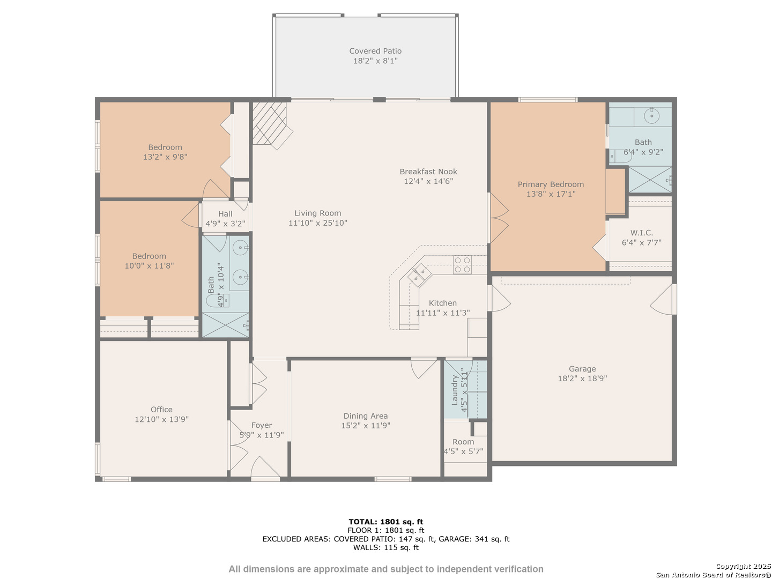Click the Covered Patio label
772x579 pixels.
pos(375,51)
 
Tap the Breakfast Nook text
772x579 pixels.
pos(428,172)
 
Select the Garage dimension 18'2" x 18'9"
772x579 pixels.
pos(582,378)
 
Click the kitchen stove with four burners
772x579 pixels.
pos(462,265)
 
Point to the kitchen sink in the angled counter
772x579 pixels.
pos(419,274)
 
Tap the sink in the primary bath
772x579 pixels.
pos(652,115)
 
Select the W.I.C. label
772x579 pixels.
pos(641,233)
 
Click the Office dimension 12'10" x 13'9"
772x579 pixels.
pos(161,419)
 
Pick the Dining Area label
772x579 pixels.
pos(366,416)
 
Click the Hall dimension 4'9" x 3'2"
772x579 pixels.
pos(225,224)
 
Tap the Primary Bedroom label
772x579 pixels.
pos(551,184)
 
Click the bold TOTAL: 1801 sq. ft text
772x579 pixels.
pos(386,522)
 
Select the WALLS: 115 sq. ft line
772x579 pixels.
pos(386,547)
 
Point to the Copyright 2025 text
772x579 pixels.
pos(743,566)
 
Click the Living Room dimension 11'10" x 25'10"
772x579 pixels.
pos(317,222)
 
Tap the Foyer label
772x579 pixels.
pos(261,425)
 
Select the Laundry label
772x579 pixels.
pos(455,390)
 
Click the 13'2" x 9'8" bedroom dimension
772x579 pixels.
pos(165,157)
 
